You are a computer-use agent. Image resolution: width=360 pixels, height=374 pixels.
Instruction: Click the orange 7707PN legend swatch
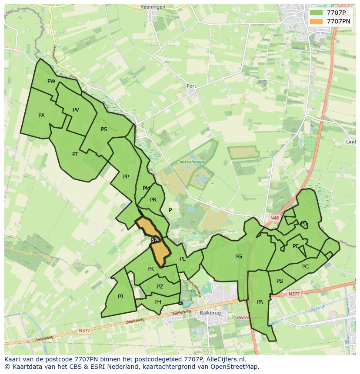click(316, 21)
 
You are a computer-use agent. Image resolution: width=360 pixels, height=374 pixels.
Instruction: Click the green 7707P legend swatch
click(316, 12)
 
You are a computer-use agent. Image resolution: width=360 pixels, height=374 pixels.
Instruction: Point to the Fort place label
click(191, 86)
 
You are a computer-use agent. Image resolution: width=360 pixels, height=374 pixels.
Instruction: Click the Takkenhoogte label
click(191, 162)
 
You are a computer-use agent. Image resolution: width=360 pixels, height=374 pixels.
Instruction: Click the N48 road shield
click(274, 218)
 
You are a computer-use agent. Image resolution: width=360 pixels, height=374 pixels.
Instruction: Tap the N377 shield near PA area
click(294, 294)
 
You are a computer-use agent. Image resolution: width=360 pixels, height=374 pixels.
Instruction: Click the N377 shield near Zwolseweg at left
click(83, 331)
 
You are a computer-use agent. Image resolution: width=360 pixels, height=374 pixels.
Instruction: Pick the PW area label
click(51, 81)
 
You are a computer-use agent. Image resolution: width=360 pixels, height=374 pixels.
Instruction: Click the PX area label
click(41, 115)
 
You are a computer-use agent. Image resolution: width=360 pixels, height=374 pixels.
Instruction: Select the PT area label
click(75, 154)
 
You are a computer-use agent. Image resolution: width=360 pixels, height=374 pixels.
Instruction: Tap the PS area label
click(104, 129)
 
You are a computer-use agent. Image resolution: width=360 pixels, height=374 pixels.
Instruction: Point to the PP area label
click(126, 176)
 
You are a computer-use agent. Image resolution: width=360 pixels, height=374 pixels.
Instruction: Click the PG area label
click(238, 257)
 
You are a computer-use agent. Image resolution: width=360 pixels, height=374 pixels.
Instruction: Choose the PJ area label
click(120, 297)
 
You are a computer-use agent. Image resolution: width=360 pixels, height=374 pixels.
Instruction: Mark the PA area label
click(260, 301)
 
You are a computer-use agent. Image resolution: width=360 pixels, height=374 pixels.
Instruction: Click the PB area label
click(280, 281)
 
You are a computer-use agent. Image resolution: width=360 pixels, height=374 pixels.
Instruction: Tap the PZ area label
click(160, 287)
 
